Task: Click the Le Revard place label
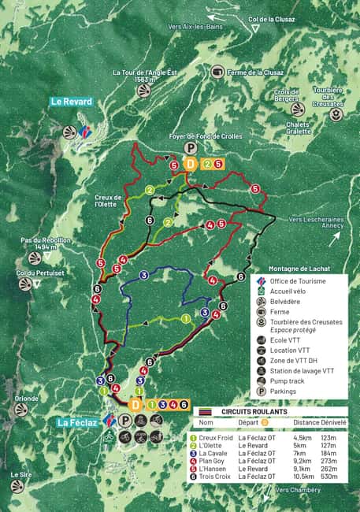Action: (x=72, y=102)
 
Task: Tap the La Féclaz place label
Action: (x=77, y=423)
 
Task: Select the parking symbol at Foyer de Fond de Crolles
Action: (x=190, y=147)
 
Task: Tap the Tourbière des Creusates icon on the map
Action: (x=336, y=115)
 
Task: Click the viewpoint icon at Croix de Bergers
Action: (x=297, y=109)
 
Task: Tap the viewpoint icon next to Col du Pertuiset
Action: (x=26, y=285)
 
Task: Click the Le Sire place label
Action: (x=21, y=475)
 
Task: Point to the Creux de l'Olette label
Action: (x=107, y=201)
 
